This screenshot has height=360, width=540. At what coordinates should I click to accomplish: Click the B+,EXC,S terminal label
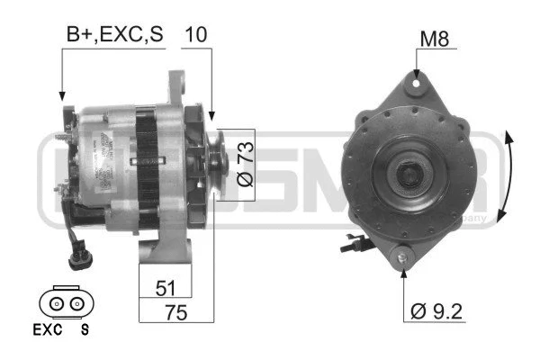pos(113,35)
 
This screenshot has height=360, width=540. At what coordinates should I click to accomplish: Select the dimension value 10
pos(196,35)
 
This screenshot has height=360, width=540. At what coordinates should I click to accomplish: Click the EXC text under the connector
pos(47,329)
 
